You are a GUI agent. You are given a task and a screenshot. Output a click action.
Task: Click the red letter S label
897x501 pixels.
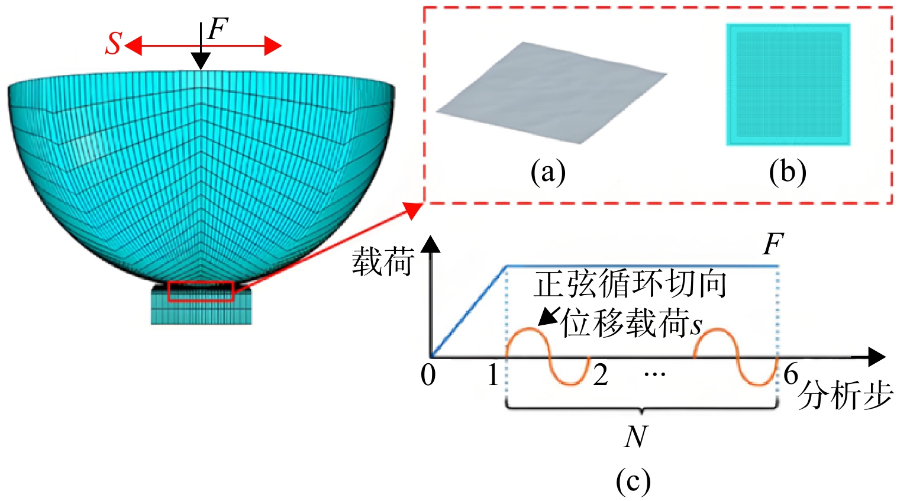[114, 43]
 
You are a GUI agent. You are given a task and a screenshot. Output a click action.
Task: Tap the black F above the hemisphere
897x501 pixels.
[217, 29]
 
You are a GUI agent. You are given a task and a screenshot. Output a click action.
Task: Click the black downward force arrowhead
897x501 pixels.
[201, 62]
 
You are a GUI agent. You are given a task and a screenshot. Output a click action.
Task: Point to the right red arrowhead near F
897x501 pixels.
[273, 46]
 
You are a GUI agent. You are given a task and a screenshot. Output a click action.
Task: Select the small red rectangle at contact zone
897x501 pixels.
[201, 292]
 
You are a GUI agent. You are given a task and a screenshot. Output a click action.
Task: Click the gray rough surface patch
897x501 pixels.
[551, 93]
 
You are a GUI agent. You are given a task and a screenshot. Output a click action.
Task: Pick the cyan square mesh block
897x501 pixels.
[788, 85]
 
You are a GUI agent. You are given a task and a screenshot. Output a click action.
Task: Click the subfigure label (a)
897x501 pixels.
[548, 173]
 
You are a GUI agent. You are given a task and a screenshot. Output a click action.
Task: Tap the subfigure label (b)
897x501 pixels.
[788, 173]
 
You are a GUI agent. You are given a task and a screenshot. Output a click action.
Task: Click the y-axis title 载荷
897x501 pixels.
[383, 261]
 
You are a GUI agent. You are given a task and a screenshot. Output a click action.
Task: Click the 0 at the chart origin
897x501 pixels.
[428, 375]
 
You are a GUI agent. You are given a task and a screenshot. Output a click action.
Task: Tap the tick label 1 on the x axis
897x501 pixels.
[493, 375]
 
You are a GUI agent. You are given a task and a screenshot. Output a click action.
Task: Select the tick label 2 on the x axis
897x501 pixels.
[601, 375]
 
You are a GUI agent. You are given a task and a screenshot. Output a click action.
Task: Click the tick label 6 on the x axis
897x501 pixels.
[790, 374]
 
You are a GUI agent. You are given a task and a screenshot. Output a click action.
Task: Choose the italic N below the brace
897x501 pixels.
[635, 437]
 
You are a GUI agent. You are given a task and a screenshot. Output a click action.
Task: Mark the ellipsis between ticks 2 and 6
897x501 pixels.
[655, 374]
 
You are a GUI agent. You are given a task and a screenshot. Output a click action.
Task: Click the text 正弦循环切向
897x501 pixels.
[630, 285]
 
